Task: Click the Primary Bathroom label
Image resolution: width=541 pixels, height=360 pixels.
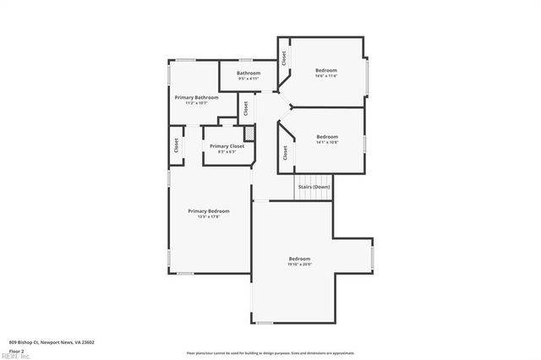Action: pos(196,97)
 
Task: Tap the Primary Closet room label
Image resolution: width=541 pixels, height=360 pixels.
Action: pos(226,146)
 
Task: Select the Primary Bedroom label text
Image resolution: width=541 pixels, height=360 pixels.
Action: pos(208,211)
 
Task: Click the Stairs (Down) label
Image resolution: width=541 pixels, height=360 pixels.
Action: pos(314,186)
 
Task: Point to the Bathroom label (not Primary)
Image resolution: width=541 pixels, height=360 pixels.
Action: pos(249,73)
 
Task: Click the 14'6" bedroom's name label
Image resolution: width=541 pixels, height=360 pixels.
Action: pos(326,69)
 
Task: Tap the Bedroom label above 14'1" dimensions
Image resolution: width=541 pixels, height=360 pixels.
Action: pos(327,137)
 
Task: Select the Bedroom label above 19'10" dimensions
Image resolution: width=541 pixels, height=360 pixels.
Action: pos(299,259)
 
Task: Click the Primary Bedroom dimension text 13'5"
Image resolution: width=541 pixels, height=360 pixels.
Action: pos(208,217)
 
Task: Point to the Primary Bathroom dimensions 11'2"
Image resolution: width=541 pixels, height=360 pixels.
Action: pos(196,103)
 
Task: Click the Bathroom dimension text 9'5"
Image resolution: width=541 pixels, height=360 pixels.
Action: pos(249,79)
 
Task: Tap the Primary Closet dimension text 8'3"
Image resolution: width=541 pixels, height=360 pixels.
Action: pos(226,152)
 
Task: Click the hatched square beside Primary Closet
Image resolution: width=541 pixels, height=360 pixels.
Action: pos(249,134)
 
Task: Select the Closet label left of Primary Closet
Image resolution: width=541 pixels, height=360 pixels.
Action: pos(177,145)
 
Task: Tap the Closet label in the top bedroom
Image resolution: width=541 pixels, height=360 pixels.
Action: pos(285,57)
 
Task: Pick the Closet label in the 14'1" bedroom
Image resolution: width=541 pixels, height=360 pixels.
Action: pos(285,153)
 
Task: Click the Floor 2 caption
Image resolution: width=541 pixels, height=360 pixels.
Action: pos(16,350)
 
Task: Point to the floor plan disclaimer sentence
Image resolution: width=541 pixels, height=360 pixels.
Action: pos(270,353)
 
